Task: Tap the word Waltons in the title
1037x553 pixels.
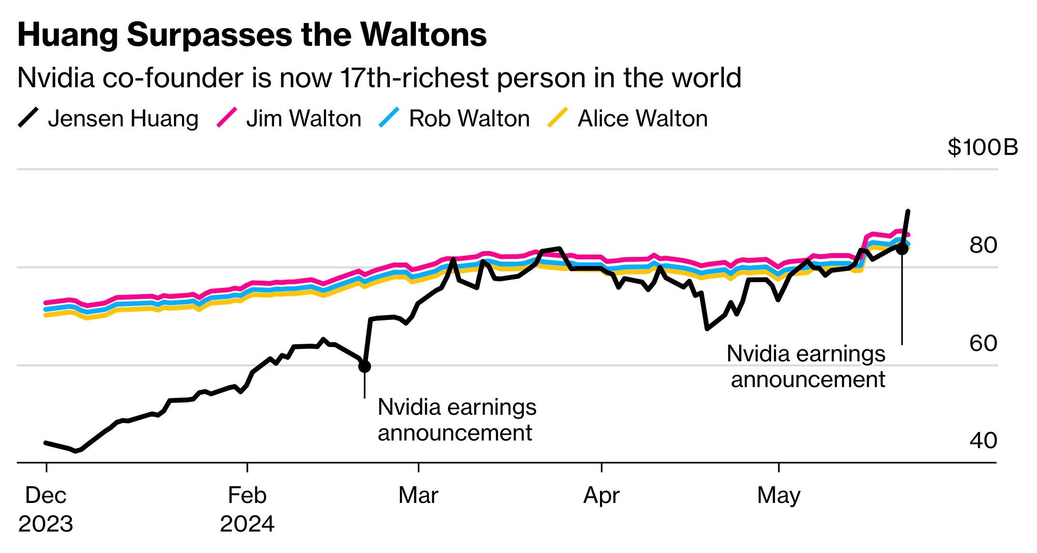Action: coord(423,35)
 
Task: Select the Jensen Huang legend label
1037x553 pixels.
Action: coord(123,118)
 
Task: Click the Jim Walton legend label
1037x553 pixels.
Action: coord(304,118)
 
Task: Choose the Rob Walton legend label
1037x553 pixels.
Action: coord(469,118)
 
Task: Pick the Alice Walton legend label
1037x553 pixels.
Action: coord(642,118)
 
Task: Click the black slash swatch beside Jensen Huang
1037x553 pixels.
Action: coord(28,118)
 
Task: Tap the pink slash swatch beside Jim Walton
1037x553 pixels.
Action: coord(226,118)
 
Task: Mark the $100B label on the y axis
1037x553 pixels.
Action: coord(983,147)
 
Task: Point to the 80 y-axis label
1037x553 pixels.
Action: coord(983,245)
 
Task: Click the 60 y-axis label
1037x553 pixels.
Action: coord(983,343)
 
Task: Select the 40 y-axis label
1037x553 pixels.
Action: coord(983,440)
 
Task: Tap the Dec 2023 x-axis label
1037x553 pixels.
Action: coord(46,509)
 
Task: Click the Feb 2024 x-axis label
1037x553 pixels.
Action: coord(247,509)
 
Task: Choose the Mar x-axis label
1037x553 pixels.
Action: coord(418,495)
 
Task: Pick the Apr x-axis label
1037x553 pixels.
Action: coord(601,495)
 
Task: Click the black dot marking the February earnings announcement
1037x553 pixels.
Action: coord(365,366)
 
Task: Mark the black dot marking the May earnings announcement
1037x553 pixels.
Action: coord(902,248)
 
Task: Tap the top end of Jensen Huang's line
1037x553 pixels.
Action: coord(908,211)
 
